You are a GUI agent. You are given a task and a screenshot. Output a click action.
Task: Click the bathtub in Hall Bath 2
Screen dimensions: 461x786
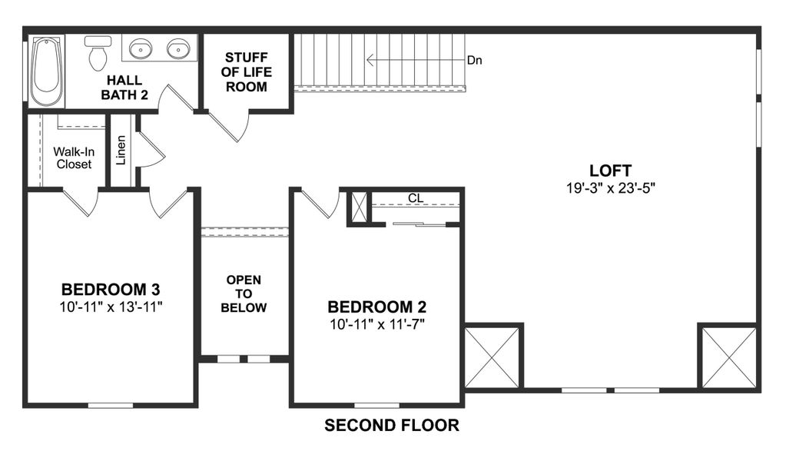47,71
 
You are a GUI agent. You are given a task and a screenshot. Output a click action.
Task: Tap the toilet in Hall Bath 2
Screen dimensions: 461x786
98,54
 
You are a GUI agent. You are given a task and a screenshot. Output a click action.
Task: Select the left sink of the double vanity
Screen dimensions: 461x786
140,50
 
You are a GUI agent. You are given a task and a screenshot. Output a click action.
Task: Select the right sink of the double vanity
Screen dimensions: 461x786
178,50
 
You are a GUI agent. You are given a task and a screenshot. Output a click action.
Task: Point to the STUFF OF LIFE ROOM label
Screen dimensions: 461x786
246,72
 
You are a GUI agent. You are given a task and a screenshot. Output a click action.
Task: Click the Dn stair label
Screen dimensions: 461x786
474,60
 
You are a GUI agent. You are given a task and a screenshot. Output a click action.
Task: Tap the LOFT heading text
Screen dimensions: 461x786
610,171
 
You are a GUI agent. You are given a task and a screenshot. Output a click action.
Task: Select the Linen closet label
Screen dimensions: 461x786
121,151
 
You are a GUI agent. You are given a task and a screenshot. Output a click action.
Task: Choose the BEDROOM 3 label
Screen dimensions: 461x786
111,290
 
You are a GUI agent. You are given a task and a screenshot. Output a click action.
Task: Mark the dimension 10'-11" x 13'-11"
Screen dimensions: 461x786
111,306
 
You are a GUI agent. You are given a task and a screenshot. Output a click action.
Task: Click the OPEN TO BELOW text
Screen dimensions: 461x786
244,294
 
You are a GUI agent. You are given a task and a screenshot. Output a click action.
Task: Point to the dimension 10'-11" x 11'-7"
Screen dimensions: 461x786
376,323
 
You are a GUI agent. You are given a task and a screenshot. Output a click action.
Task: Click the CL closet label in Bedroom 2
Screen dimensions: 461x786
416,198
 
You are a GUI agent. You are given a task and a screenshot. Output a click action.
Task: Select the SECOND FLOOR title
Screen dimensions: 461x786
392,425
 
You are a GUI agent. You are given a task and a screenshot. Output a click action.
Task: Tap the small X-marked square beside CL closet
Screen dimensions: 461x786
359,207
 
